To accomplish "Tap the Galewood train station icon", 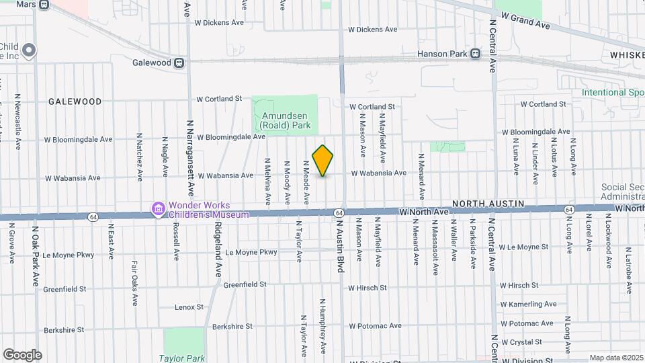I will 179,63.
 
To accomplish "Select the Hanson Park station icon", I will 475,53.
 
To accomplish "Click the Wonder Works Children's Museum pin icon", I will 158,210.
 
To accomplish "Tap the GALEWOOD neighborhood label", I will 75,102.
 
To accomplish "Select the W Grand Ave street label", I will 525,21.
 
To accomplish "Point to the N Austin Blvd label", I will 340,245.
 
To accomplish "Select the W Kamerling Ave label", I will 528,305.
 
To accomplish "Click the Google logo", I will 22,355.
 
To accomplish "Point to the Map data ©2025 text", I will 616,358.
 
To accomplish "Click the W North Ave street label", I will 423,212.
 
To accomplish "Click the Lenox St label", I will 189,307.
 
